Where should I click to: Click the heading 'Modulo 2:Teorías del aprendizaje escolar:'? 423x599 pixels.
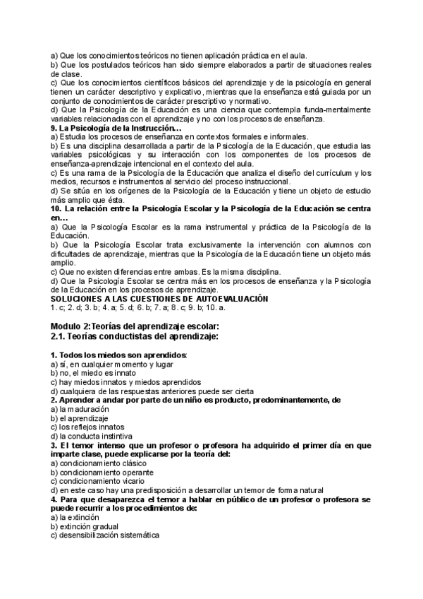[x=135, y=326]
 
